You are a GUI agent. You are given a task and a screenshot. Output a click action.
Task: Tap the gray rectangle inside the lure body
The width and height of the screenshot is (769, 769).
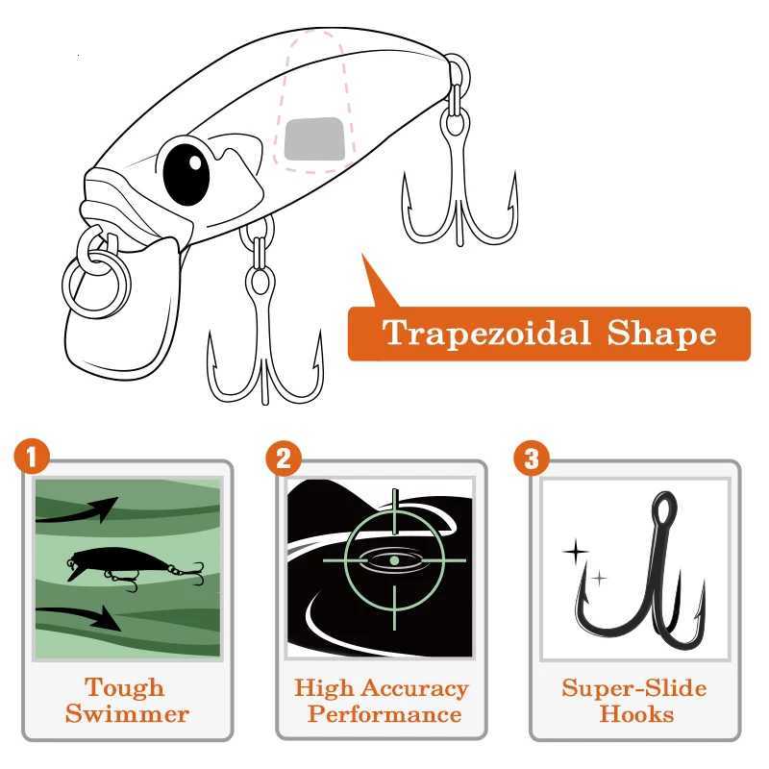coord(314,139)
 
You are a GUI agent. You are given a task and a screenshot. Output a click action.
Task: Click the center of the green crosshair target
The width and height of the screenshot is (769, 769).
coord(394,559)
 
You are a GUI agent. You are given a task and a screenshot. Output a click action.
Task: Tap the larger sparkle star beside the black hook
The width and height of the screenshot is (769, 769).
coord(575,552)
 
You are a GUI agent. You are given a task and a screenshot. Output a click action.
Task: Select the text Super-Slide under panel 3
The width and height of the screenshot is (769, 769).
coord(634,688)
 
